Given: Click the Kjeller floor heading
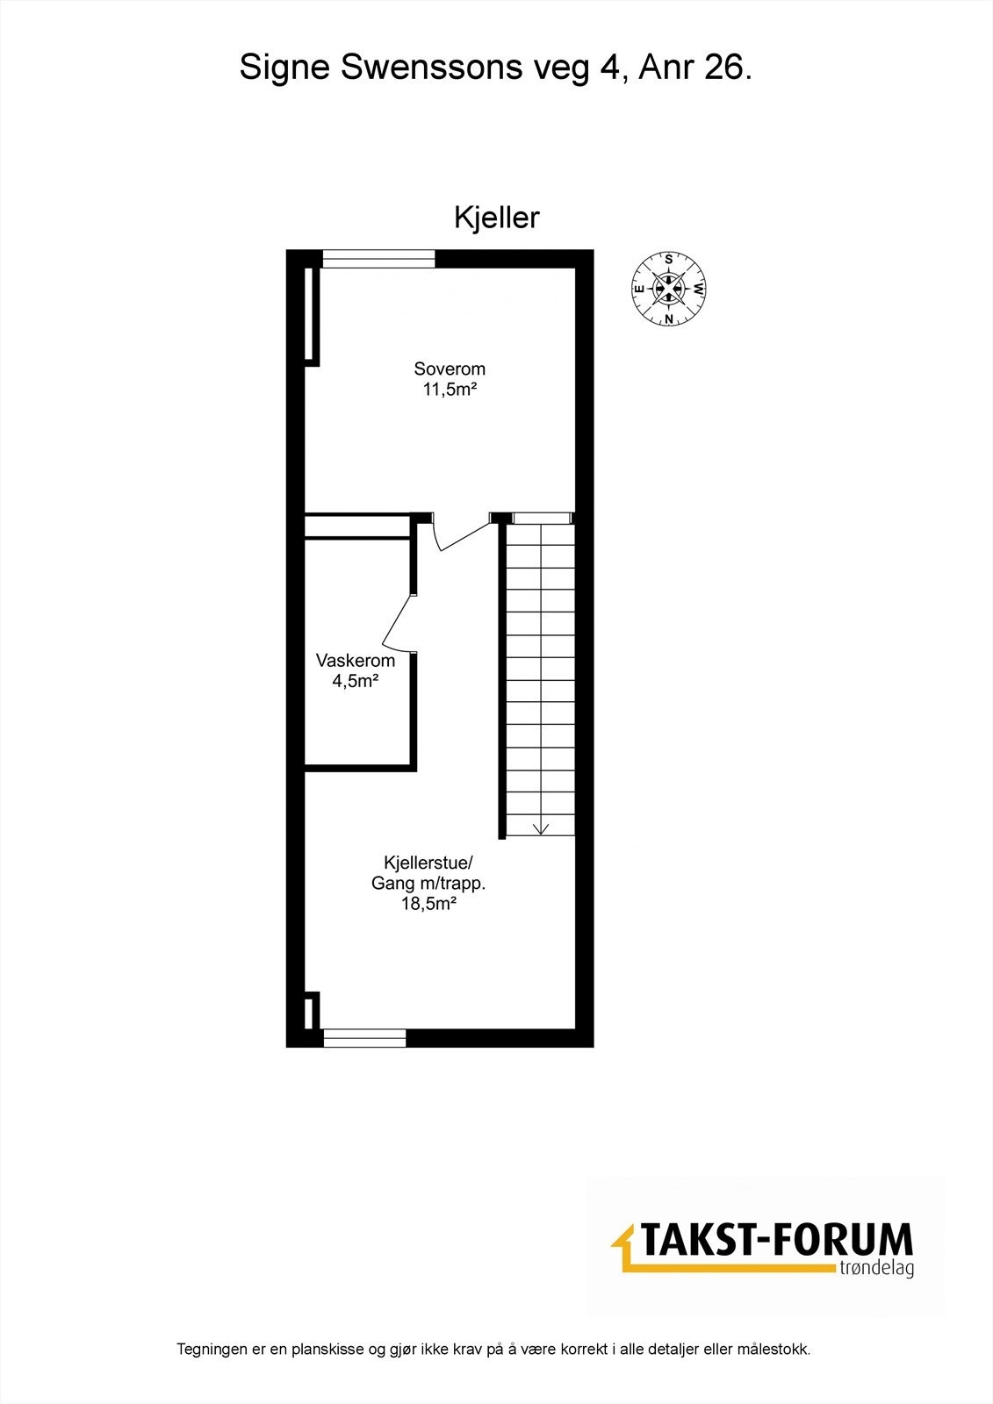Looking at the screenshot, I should click(496, 218).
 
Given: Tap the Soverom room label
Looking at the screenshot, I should click(450, 369).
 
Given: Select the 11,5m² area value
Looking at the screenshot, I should click(450, 390).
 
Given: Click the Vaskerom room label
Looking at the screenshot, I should click(356, 661).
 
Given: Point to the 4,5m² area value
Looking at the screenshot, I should click(356, 680).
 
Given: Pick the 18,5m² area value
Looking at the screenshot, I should click(428, 904).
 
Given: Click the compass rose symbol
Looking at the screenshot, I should click(669, 289).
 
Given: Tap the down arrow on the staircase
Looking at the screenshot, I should click(540, 826).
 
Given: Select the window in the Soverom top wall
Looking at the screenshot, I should click(378, 258).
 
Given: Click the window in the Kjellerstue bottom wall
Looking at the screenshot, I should click(364, 1037).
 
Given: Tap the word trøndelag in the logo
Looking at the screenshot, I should click(874, 1269).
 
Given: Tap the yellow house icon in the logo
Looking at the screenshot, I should click(625, 1246).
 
